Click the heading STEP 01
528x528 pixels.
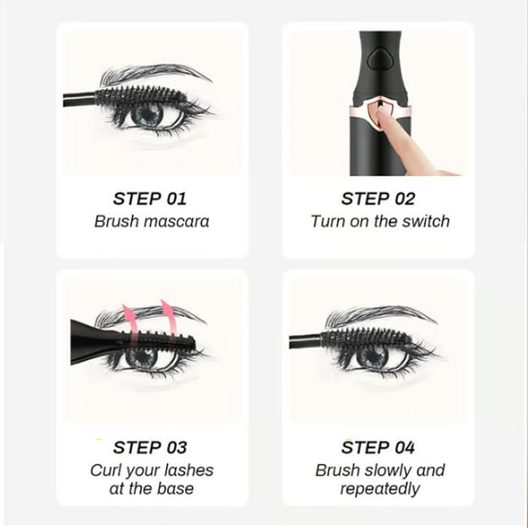pyautogui.click(x=149, y=199)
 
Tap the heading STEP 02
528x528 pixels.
pyautogui.click(x=378, y=199)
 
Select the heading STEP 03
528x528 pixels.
pyautogui.click(x=150, y=448)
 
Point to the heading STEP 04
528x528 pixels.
pyautogui.click(x=378, y=448)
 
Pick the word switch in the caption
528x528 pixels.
pyautogui.click(x=426, y=221)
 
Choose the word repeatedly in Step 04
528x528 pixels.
pyautogui.click(x=379, y=489)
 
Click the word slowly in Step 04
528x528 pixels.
pyautogui.click(x=385, y=471)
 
